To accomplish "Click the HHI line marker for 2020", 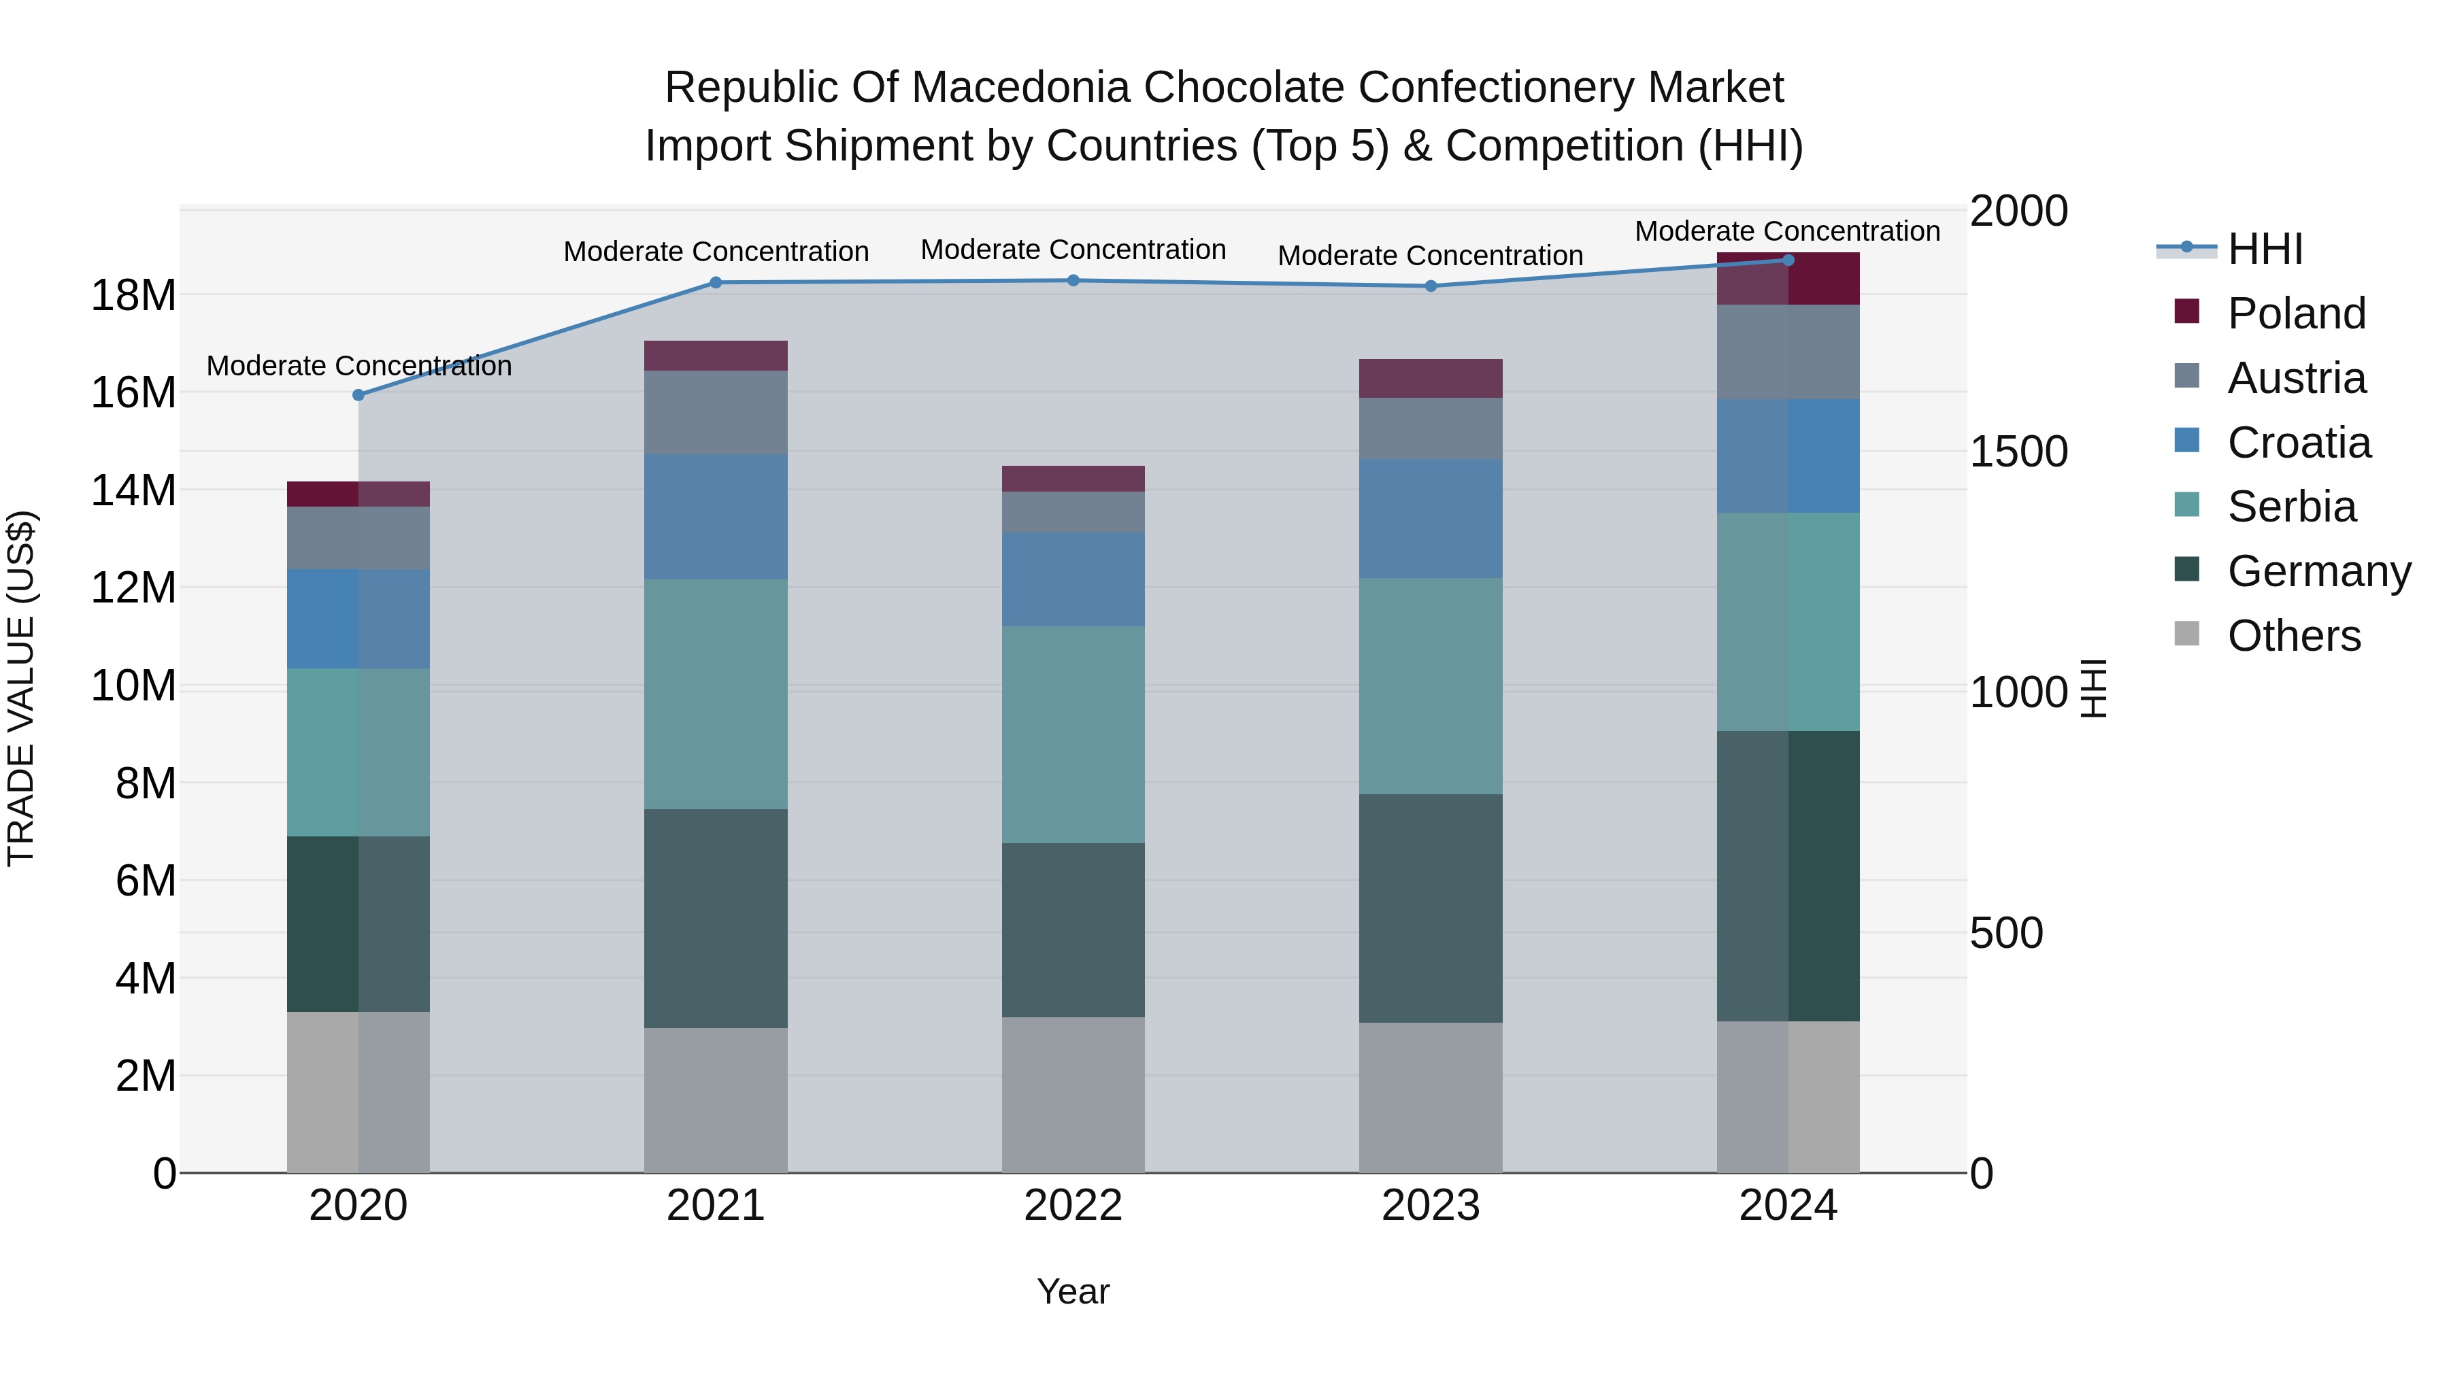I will click(x=359, y=394).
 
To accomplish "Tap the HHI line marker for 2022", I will click(x=1073, y=280).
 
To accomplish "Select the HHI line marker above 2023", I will click(x=1431, y=286).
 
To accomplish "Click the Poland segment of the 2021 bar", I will click(x=716, y=356).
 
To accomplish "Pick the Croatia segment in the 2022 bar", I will click(x=1073, y=579).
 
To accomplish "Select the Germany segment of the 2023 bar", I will click(x=1431, y=908).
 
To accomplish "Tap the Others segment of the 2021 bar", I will click(x=716, y=1100).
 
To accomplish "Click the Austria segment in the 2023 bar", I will click(x=1431, y=428).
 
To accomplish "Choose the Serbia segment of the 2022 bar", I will click(x=1073, y=734).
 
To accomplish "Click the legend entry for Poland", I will click(x=2296, y=313).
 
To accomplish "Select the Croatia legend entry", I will click(x=2299, y=443).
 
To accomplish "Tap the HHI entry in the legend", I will click(x=2265, y=249).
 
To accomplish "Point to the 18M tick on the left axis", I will click(x=133, y=296).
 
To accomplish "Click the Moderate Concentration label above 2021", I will click(x=716, y=252).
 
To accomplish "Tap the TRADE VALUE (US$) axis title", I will click(x=21, y=688).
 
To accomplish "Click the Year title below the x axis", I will click(x=1073, y=1291).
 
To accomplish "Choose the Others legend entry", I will click(x=2293, y=636).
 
